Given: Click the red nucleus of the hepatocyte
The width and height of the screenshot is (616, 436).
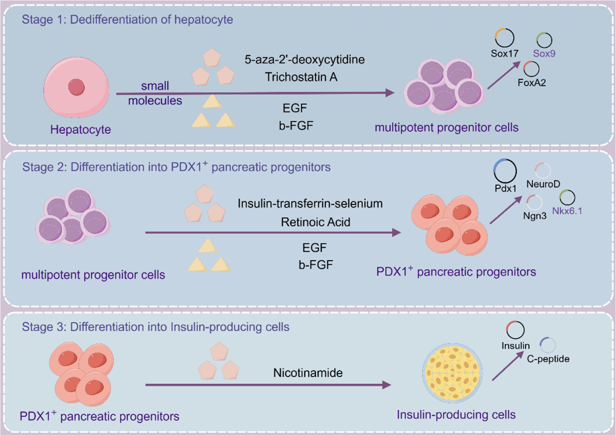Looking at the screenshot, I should [x=76, y=87].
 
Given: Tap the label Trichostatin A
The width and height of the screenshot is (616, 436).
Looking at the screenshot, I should [x=301, y=77].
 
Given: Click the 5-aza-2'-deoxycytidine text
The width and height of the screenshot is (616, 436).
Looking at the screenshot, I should [x=305, y=59].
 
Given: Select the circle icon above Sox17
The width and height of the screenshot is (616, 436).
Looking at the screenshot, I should [x=504, y=38].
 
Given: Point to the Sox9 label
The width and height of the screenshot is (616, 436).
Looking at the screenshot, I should [x=544, y=54].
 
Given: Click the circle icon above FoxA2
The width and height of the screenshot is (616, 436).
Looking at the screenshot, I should [x=531, y=69].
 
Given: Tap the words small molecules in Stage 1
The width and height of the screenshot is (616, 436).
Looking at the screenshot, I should [x=155, y=93].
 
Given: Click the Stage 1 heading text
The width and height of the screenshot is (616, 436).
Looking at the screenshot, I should [x=127, y=19].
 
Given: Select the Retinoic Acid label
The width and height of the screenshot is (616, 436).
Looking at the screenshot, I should [x=315, y=222].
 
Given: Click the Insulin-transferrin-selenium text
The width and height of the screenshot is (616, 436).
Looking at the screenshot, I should [x=310, y=203].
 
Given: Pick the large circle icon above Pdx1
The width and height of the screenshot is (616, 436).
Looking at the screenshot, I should [x=505, y=171].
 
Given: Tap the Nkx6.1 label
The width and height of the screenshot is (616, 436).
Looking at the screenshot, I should [x=567, y=211].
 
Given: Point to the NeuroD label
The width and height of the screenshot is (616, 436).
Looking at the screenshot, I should [x=543, y=184].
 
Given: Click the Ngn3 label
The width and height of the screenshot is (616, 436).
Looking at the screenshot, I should [x=535, y=216].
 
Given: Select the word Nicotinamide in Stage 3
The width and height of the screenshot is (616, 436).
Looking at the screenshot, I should [x=308, y=373].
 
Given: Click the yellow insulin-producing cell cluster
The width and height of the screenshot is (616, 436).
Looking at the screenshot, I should [x=452, y=373].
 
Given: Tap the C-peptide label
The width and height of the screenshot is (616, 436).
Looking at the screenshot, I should [x=548, y=359].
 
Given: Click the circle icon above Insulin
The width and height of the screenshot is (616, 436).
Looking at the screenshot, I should [x=515, y=330].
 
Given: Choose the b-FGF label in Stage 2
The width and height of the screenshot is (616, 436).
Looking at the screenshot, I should [x=316, y=265].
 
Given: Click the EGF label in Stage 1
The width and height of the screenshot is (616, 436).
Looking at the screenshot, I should [x=295, y=108].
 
